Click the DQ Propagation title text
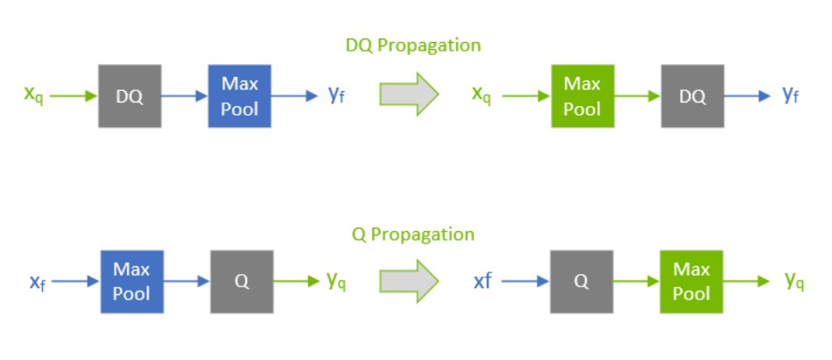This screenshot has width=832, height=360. point(412,45)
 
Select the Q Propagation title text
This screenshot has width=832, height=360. point(412,234)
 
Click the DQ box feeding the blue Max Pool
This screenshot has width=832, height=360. point(130,96)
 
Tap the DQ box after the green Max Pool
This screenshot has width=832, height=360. point(693,96)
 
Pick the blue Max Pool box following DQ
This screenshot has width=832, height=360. point(239,96)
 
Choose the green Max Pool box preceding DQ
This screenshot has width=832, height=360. point(582,96)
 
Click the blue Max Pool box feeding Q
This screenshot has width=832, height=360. point(130,281)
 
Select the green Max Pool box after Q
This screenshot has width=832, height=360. point(692,281)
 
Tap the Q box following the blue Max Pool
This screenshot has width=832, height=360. point(242,281)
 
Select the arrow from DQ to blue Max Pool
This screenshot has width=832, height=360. point(184,96)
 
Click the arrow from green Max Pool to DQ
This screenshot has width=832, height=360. point(637,96)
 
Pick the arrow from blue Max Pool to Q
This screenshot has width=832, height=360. point(186,281)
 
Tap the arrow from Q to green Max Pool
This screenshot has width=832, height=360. point(637,281)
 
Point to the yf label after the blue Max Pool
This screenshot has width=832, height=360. point(336,95)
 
